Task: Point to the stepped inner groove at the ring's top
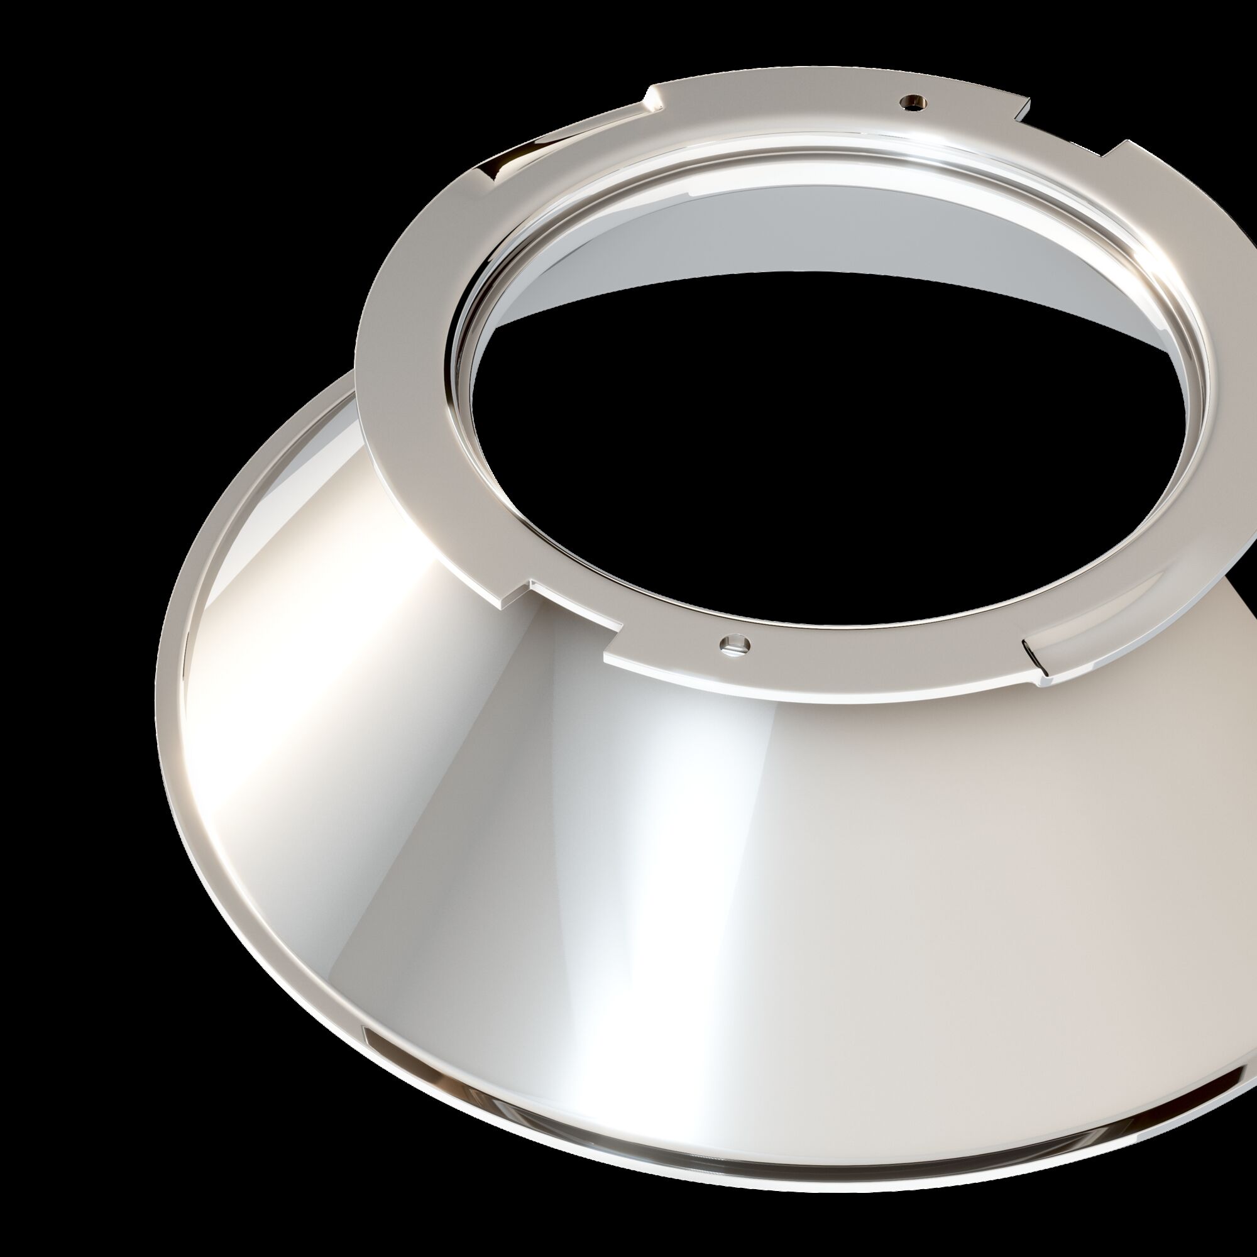[781, 140]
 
